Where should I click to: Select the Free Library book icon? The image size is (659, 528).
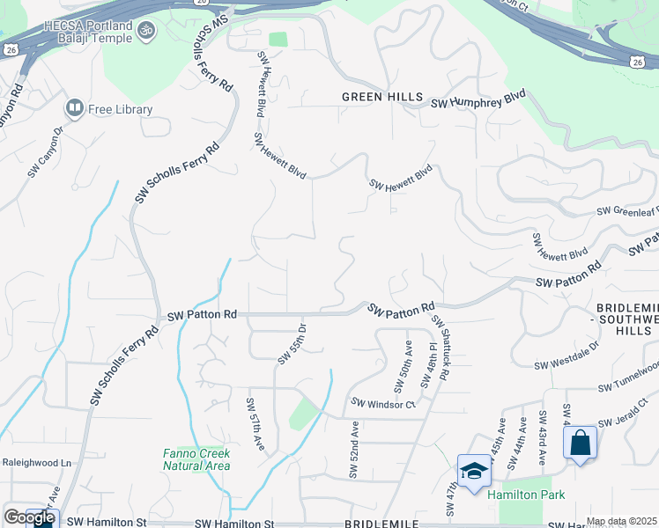click(74, 109)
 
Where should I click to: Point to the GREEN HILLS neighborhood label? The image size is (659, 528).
click(382, 97)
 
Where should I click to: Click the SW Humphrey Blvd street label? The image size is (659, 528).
click(478, 103)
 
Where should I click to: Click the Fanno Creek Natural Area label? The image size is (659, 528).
click(196, 459)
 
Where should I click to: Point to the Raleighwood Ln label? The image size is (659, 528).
click(36, 462)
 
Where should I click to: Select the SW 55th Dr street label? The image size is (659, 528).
click(292, 344)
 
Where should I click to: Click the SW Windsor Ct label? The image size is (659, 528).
click(383, 404)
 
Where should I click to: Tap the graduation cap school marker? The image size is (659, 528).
click(474, 471)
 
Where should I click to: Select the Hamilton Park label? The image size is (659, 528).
click(527, 495)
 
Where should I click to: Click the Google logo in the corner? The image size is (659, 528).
click(29, 517)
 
